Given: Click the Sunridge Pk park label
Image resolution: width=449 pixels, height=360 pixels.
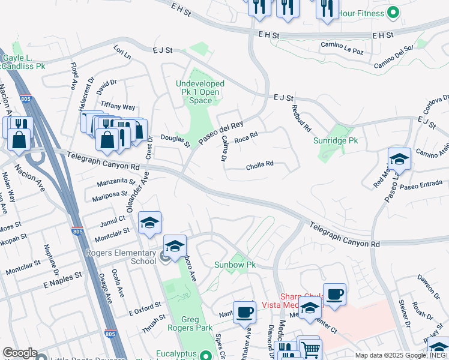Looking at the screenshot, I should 335,140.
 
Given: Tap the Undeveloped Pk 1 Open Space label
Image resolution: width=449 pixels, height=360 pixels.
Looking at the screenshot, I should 200,92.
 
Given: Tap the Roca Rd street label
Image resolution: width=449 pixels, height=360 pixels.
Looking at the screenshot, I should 246,138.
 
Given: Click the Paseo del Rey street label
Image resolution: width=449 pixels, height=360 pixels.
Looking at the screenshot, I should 212,133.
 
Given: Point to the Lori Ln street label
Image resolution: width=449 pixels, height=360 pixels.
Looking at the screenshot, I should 122,52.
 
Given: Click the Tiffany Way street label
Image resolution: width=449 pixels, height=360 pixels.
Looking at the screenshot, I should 118,106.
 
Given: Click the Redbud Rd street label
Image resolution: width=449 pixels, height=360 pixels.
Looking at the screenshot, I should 301,118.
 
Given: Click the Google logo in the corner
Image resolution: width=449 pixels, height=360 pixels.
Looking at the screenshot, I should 20,353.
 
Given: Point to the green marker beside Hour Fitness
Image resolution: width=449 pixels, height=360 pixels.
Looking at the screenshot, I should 393,12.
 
